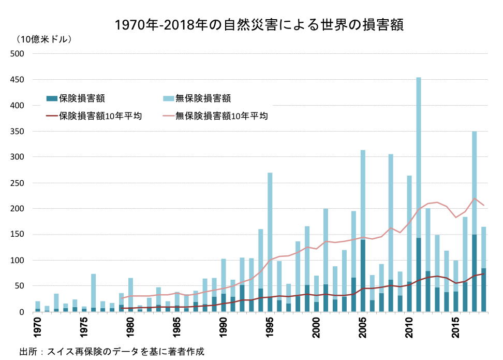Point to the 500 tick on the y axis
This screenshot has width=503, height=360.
(18, 53)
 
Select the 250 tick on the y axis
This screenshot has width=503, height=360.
(18, 183)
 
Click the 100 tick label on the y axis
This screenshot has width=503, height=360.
(18, 260)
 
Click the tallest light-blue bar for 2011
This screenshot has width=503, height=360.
(419, 155)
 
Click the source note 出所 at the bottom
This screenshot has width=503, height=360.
(111, 351)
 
